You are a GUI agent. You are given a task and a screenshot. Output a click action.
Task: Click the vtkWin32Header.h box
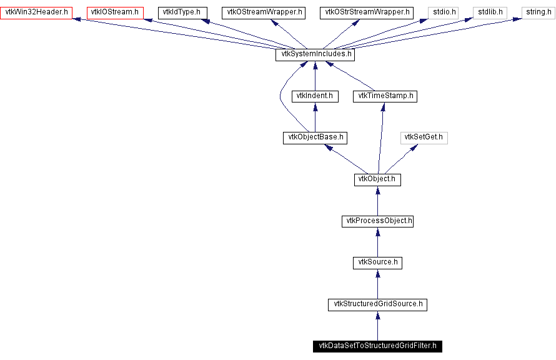coord(36,12)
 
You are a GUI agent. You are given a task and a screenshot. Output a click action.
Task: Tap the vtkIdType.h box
coord(181,12)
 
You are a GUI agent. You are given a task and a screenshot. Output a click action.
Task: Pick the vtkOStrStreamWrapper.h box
coord(367,12)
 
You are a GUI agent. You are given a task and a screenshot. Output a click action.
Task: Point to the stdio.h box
coord(443,12)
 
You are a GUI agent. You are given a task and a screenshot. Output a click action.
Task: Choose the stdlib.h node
coord(490,12)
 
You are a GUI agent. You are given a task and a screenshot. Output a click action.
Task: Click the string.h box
coord(539,12)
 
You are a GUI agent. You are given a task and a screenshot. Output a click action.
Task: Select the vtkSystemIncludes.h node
coord(315,54)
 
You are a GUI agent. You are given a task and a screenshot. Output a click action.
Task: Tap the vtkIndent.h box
coord(315,96)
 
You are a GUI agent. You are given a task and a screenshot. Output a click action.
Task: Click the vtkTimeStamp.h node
coord(385,96)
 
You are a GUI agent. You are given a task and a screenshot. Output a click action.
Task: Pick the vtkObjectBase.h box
coord(315,137)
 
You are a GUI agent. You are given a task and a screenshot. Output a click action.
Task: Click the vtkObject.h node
coord(377,179)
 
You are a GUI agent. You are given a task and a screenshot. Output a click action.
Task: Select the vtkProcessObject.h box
coord(377,221)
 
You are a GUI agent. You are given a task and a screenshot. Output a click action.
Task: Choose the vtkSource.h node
coord(377,262)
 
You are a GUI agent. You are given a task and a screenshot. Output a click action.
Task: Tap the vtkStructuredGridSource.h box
coord(377,304)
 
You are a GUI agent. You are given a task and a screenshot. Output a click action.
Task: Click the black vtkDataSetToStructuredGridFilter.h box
coord(377,346)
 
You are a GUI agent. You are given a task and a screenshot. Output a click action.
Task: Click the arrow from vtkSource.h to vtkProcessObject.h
coord(377,242)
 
